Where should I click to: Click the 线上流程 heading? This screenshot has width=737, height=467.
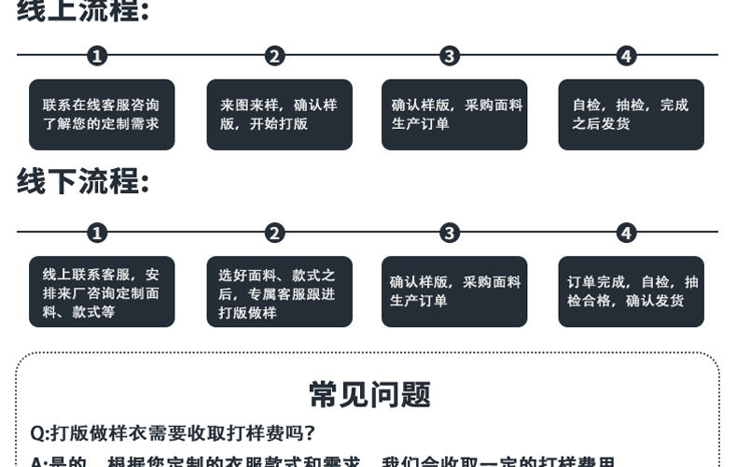(82, 11)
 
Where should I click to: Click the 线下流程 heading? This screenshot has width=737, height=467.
(82, 181)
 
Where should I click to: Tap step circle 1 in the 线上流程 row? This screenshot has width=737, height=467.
(97, 56)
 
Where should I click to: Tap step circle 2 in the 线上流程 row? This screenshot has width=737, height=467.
(274, 56)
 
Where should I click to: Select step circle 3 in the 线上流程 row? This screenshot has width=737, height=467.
(450, 56)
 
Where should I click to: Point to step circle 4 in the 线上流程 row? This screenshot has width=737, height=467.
(626, 56)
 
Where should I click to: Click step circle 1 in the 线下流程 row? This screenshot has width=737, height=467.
(97, 233)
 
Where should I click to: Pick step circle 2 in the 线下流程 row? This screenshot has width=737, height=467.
(274, 233)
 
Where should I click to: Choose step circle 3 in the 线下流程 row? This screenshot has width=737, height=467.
(450, 233)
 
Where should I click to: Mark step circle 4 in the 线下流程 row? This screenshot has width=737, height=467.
(626, 233)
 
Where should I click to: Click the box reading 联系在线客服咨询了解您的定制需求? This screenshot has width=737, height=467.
(102, 115)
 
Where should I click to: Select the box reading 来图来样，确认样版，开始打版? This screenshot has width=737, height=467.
(279, 115)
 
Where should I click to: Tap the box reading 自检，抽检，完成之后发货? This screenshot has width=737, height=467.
(631, 115)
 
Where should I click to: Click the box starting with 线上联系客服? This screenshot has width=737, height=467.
(102, 292)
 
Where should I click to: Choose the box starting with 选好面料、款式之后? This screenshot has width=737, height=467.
(279, 292)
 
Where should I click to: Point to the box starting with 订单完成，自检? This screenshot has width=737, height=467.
(631, 292)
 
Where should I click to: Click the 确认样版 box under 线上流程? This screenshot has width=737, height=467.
(454, 115)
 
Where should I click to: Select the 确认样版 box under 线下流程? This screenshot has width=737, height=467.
(454, 292)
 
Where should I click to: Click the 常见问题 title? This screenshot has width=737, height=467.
(369, 395)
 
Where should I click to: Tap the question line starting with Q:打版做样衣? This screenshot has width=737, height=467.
(174, 433)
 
